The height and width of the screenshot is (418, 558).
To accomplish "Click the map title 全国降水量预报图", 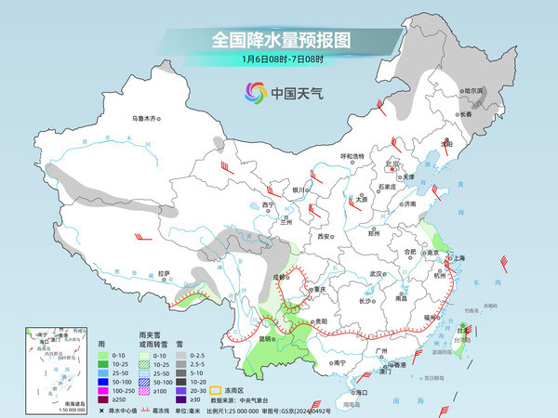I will pyautogui.click(x=278, y=40).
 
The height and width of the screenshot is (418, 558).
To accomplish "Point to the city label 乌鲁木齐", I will pyautogui.click(x=146, y=118).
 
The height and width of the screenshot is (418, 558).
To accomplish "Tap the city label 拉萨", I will pyautogui.click(x=165, y=273).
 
